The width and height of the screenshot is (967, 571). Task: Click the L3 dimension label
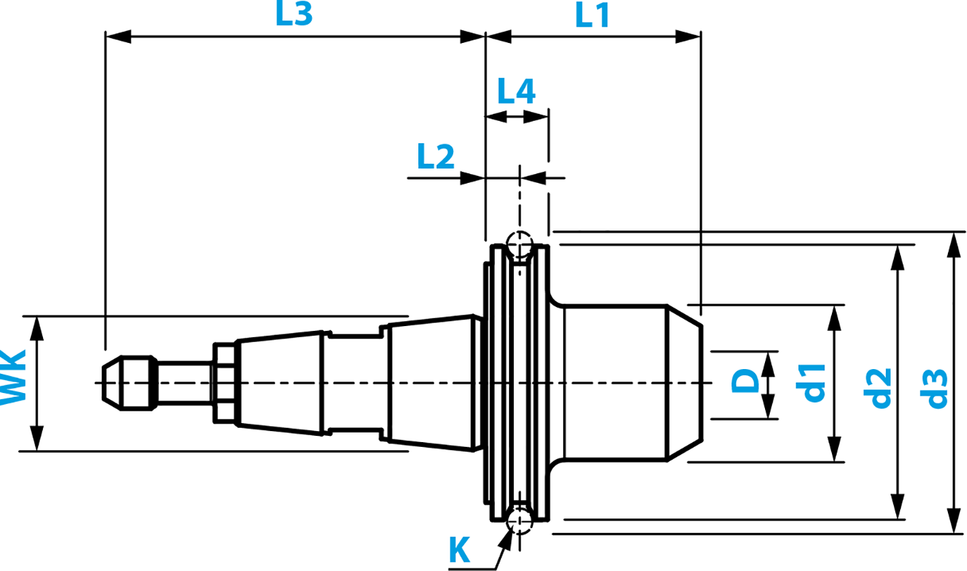pyautogui.click(x=294, y=15)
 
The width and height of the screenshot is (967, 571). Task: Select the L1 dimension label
pyautogui.click(x=592, y=15)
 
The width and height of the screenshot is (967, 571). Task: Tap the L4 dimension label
pyautogui.click(x=516, y=91)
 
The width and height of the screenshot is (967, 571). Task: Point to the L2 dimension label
pyautogui.click(x=435, y=158)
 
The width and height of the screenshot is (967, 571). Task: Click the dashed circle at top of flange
pyautogui.click(x=519, y=244)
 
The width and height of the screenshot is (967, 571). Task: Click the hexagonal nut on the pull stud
pyautogui.click(x=225, y=383)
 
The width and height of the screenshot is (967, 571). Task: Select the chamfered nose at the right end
pyautogui.click(x=684, y=383)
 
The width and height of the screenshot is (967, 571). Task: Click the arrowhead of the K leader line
pyautogui.click(x=506, y=538)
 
